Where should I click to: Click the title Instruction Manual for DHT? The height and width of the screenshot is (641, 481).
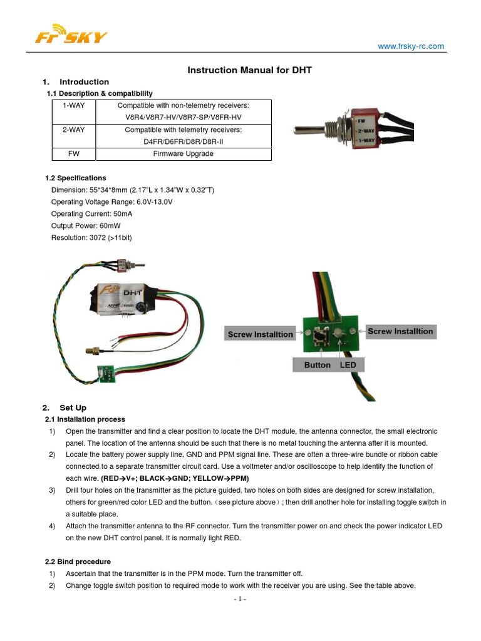click(249, 71)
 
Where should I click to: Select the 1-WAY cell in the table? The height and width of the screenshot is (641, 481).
click(74, 106)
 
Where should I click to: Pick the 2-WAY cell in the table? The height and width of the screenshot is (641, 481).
click(74, 130)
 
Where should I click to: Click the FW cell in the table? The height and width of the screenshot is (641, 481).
click(74, 154)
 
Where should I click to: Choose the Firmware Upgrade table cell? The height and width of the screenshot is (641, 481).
click(183, 154)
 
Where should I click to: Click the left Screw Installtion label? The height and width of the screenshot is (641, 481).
click(260, 334)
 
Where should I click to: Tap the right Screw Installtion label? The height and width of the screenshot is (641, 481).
click(400, 331)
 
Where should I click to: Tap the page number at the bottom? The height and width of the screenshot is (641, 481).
click(240, 599)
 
